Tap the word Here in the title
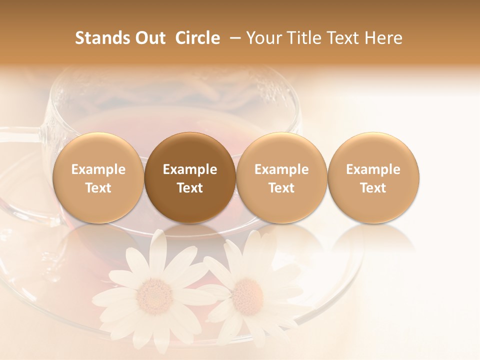[x=384, y=38]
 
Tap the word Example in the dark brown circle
[x=190, y=169]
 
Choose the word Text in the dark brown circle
[x=190, y=188]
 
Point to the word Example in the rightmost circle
[x=373, y=169]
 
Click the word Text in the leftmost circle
[x=98, y=188]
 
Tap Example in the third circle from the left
[x=281, y=169]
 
